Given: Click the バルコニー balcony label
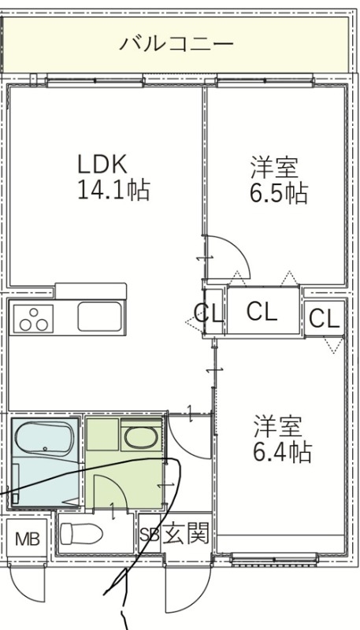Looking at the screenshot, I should [176, 43].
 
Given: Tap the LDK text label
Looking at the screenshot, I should [102, 164].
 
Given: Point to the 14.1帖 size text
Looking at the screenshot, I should [113, 191].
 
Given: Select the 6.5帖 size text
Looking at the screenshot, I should [278, 193].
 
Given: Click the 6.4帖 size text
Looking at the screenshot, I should [281, 452].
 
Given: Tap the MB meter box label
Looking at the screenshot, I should [27, 541].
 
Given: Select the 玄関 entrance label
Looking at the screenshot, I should [187, 535].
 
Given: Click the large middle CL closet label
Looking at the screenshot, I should [262, 312].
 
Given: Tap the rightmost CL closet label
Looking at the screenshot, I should [324, 318].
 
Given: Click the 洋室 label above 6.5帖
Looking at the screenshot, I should [274, 167].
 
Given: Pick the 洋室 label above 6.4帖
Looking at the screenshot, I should [277, 426].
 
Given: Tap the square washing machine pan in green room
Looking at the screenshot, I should [101, 435].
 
